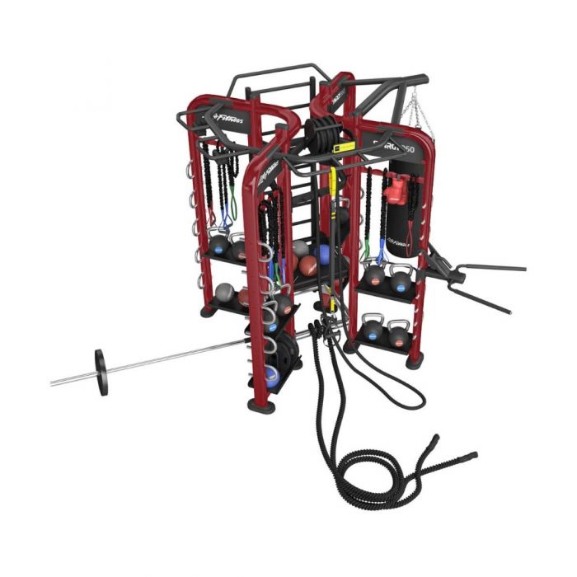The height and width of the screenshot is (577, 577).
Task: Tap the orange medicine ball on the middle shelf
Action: [x=307, y=265]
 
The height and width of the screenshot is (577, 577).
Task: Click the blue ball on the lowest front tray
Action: [x=272, y=376]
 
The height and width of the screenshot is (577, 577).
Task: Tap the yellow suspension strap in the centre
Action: [x=333, y=190]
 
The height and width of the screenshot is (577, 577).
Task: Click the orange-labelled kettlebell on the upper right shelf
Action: [x=375, y=276]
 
